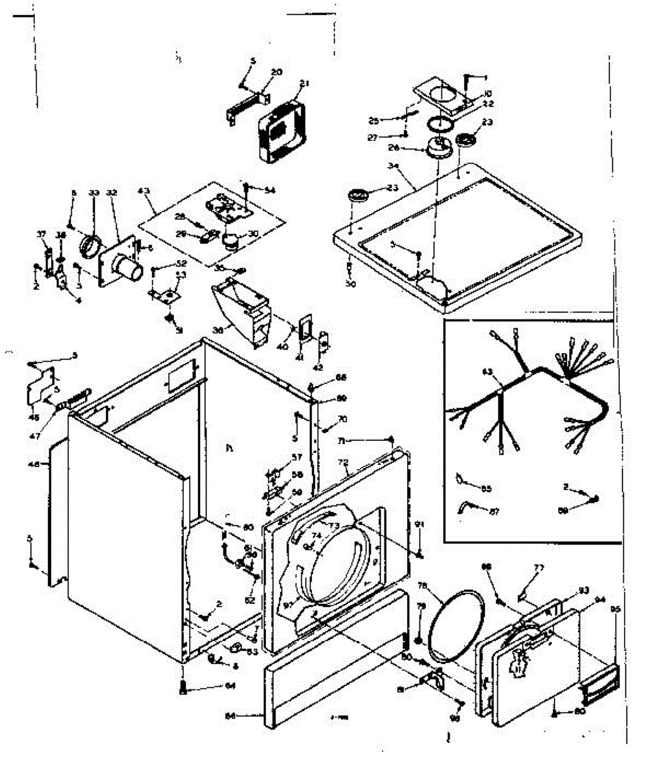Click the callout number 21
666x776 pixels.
pyautogui.click(x=305, y=83)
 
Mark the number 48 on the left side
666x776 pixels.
pyautogui.click(x=34, y=464)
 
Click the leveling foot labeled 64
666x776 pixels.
pyautogui.click(x=182, y=688)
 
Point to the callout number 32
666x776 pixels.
pyautogui.click(x=111, y=193)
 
